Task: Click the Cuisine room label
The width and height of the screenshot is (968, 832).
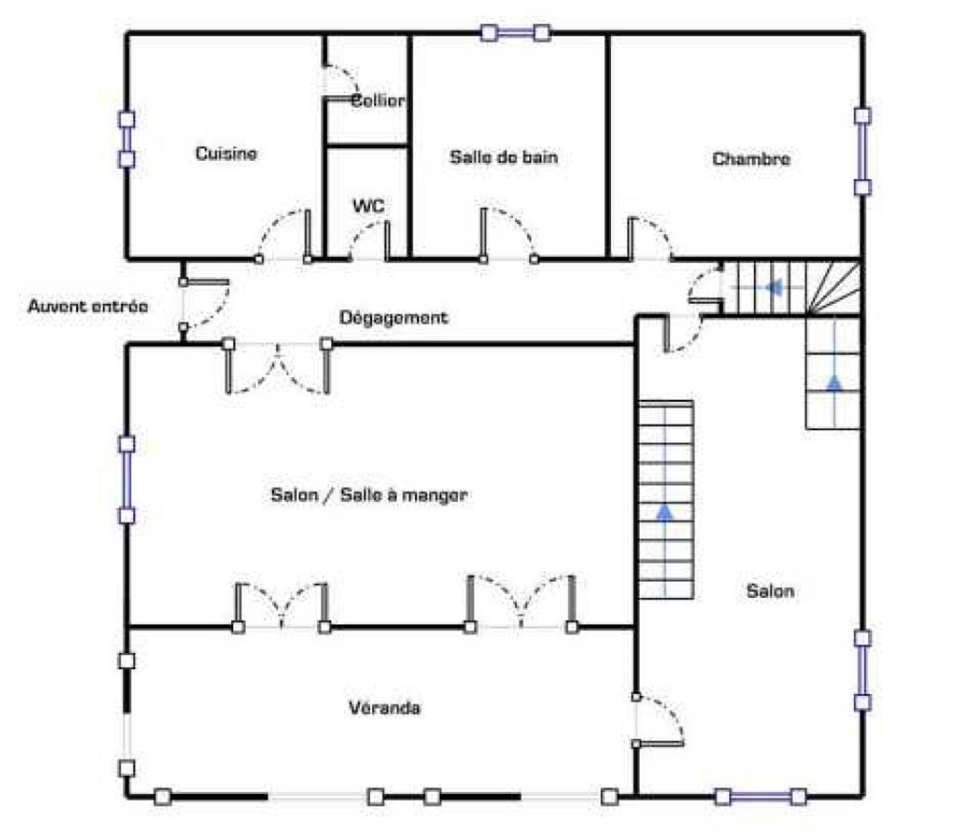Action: point(226,153)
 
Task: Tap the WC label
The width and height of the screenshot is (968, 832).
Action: point(368,206)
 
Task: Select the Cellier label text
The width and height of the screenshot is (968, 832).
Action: point(378,100)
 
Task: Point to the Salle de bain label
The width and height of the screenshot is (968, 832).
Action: point(503,157)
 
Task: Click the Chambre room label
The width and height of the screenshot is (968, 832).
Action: point(751,159)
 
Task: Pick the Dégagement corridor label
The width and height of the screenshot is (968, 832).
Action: point(394,318)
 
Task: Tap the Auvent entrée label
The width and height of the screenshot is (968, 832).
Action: point(88,306)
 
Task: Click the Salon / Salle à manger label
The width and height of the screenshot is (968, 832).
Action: point(369,495)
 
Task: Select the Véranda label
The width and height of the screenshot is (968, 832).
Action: point(384,707)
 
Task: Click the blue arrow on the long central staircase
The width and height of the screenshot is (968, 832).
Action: point(665,513)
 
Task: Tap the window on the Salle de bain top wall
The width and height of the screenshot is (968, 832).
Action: point(515,33)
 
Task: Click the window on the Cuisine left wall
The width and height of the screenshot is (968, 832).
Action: point(126,139)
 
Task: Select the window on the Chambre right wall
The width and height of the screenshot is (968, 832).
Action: point(862,151)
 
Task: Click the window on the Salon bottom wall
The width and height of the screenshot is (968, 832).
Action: point(760,797)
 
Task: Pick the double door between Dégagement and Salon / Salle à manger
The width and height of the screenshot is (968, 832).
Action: point(278,368)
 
